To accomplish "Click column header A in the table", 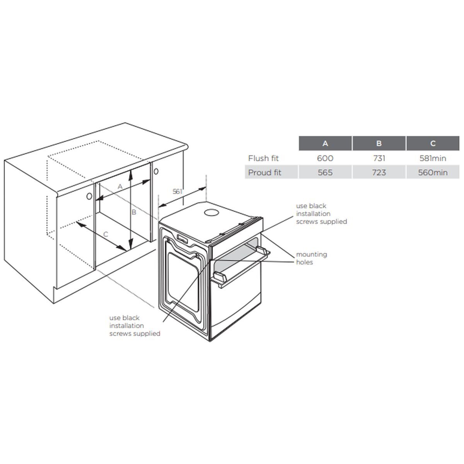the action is pos(325,143).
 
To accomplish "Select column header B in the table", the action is pos(379,143).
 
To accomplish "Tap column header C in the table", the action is pos(433,143).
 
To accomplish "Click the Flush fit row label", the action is pos(263,158).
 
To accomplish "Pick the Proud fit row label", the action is pos(264,172).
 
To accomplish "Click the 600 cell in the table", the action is pos(325,158).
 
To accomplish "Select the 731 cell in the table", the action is pos(379,158).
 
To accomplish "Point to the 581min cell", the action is pos(433,158).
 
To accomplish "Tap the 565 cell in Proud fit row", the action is pos(325,172).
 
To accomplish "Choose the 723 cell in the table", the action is pos(379,172).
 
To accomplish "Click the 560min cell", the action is pos(433,172).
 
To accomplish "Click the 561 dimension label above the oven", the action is pos(177,191).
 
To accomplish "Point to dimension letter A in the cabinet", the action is pos(120,186).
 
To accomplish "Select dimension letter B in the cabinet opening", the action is pos(134,212).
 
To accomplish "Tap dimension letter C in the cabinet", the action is pos(106,234).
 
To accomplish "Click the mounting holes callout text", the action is pos(312,258).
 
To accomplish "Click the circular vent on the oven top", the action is pos(212,213).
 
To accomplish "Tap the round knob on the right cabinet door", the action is pos(156,171).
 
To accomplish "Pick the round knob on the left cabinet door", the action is pos(89,196).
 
